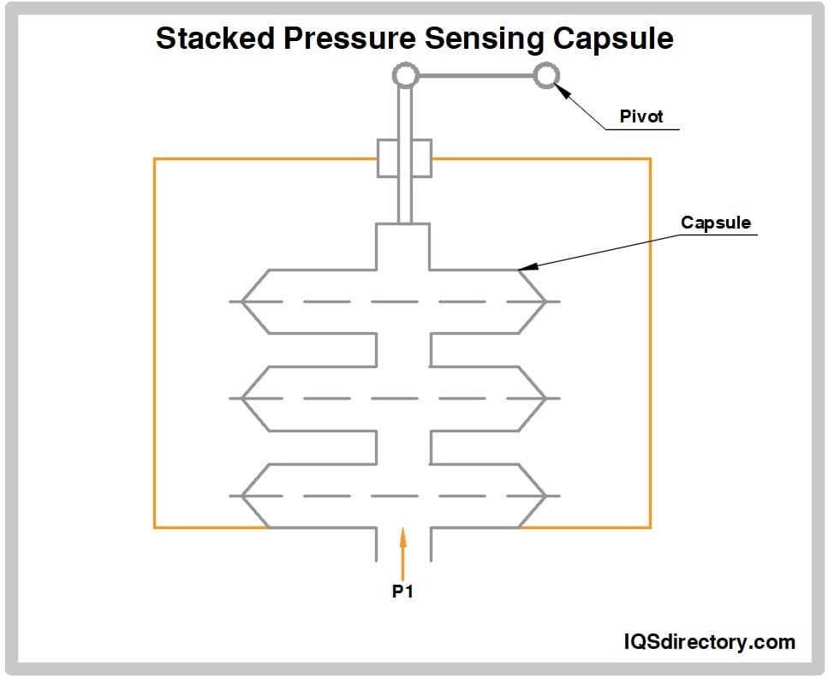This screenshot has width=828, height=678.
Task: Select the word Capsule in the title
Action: pyautogui.click(x=610, y=39)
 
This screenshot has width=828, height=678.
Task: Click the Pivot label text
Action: pyautogui.click(x=641, y=116)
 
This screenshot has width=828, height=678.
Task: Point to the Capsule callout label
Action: pyautogui.click(x=715, y=223)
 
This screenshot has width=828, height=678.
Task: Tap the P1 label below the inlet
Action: pyautogui.click(x=402, y=591)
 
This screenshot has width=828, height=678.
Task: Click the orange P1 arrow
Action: pyautogui.click(x=402, y=548)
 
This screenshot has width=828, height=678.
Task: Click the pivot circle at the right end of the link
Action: pyautogui.click(x=545, y=77)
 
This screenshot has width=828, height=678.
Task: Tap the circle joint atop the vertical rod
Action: pyautogui.click(x=404, y=77)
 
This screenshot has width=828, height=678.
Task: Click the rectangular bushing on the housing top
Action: pyautogui.click(x=404, y=158)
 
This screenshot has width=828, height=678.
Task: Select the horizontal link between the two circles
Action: pyautogui.click(x=475, y=77)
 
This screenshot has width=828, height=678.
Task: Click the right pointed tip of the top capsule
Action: pyautogui.click(x=545, y=301)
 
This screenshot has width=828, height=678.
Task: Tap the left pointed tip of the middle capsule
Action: pyautogui.click(x=242, y=398)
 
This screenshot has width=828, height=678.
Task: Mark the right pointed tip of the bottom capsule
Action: pyautogui.click(x=545, y=495)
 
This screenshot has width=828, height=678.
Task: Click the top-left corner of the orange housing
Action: pyautogui.click(x=155, y=159)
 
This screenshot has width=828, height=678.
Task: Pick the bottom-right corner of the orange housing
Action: pyautogui.click(x=650, y=526)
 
